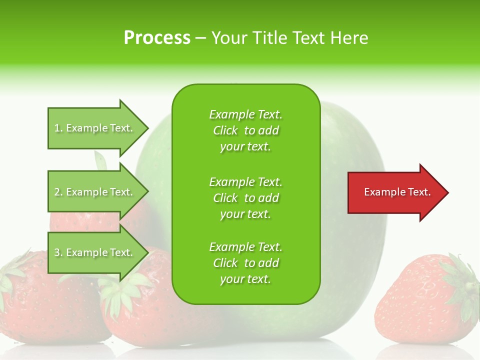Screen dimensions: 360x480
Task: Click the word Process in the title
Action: point(157,38)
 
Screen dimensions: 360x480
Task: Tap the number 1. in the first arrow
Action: point(58,128)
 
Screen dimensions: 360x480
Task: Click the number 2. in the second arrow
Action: point(58,192)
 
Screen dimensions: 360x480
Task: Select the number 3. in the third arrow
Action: point(58,252)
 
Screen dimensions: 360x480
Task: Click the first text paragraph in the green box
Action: point(245,130)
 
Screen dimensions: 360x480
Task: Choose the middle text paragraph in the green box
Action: point(245,198)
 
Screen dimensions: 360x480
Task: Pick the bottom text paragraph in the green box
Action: point(245,263)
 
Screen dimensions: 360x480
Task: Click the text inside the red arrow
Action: point(397,192)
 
